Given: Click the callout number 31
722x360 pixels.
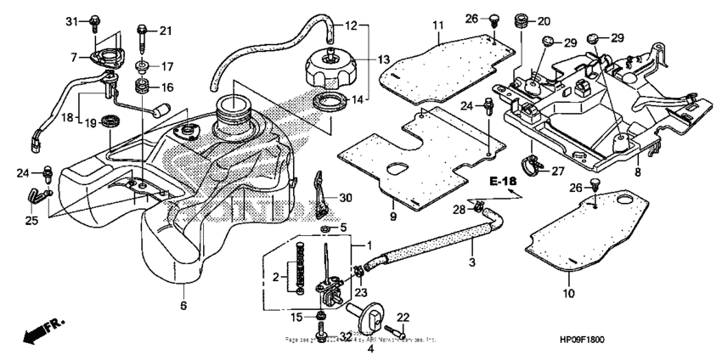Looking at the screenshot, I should click(71, 20).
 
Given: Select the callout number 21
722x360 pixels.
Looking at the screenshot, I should click(165, 31).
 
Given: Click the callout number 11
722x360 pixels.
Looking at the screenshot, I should click(437, 26).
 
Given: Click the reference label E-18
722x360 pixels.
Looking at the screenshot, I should click(502, 182).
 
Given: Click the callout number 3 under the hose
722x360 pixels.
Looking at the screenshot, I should click(471, 264).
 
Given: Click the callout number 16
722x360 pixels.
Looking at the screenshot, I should click(166, 87).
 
